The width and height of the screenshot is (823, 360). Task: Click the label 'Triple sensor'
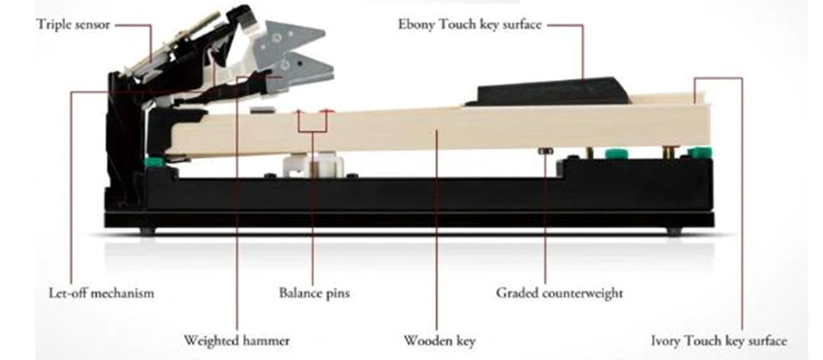coord(73,26)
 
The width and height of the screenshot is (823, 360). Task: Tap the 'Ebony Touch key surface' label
coord(469,24)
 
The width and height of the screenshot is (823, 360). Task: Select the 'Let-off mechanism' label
coord(101,293)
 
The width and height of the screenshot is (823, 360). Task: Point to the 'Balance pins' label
coord(314,293)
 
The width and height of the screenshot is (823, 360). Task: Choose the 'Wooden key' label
coord(439,340)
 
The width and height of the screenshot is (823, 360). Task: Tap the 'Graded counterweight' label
coord(559,293)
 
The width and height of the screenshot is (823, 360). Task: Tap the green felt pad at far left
coord(154,161)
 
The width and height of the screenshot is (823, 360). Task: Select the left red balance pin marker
coord(298,111)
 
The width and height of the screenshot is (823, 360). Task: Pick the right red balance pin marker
coord(326,111)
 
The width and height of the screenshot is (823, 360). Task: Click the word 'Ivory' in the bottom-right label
coord(666,340)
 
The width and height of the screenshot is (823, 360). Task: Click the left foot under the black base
coord(147,231)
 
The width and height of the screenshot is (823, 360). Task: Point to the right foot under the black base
coord(674,231)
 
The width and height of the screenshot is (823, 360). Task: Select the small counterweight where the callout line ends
coord(544,151)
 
